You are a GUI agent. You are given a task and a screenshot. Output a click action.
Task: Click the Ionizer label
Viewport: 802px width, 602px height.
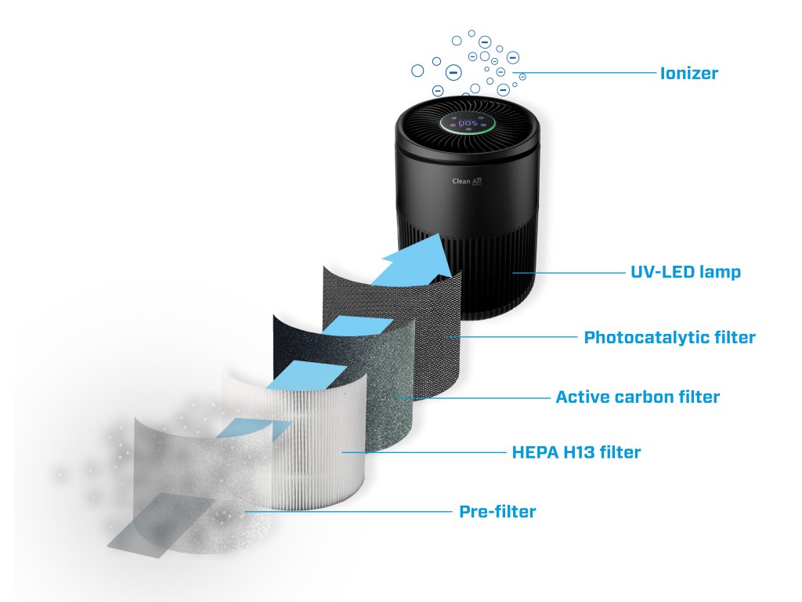tap(689, 74)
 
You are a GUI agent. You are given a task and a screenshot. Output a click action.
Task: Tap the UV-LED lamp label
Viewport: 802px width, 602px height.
tap(685, 273)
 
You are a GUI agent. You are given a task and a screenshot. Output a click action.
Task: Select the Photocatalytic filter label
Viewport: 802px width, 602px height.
tap(670, 338)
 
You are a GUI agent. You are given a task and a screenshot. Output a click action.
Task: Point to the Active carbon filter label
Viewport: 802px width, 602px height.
tap(637, 397)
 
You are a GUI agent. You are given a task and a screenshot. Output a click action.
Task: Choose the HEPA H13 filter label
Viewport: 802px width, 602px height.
tap(576, 452)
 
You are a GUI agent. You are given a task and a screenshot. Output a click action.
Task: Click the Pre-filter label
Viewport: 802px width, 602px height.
tap(497, 512)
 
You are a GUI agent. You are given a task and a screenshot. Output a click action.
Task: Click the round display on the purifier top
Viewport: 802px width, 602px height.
tap(468, 124)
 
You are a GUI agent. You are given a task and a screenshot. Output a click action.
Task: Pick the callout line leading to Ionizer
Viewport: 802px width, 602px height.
tap(587, 74)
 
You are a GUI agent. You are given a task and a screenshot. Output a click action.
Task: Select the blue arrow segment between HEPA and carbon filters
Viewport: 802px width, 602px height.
tap(313, 375)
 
